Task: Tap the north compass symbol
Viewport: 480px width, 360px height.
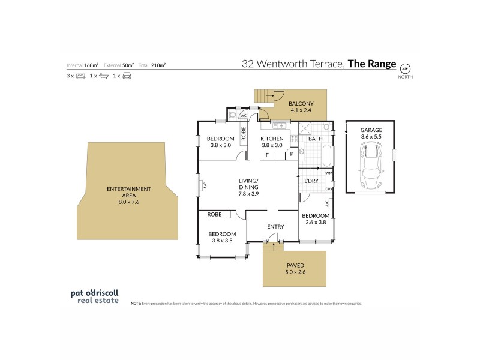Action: click(x=405, y=67)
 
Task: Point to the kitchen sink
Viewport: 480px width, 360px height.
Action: click(x=279, y=126)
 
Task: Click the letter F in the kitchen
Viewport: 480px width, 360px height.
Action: click(x=266, y=155)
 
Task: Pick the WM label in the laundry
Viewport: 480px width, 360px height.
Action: click(x=329, y=173)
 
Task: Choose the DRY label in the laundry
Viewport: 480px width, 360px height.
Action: click(x=329, y=189)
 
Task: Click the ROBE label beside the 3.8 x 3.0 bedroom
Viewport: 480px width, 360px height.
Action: click(x=244, y=134)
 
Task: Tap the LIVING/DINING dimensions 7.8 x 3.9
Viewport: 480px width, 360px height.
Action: click(x=248, y=194)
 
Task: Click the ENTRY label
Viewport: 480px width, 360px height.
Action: click(x=275, y=226)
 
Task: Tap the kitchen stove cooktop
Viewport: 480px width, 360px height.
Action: click(x=295, y=138)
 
